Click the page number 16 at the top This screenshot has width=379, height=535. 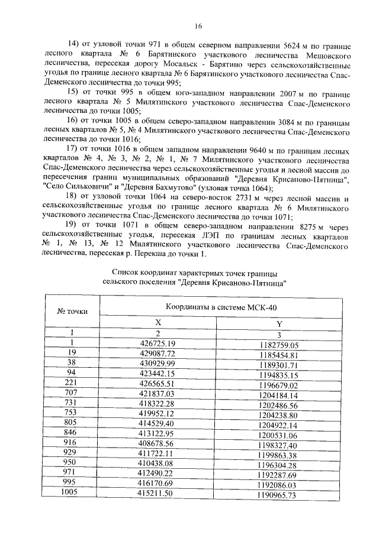[x=198, y=25]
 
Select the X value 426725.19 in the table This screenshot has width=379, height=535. [x=157, y=343]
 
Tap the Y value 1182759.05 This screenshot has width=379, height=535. [x=279, y=345]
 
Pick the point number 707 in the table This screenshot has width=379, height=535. [x=71, y=393]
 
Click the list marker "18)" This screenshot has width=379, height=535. [x=70, y=196]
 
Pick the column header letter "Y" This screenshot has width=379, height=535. [x=279, y=323]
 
